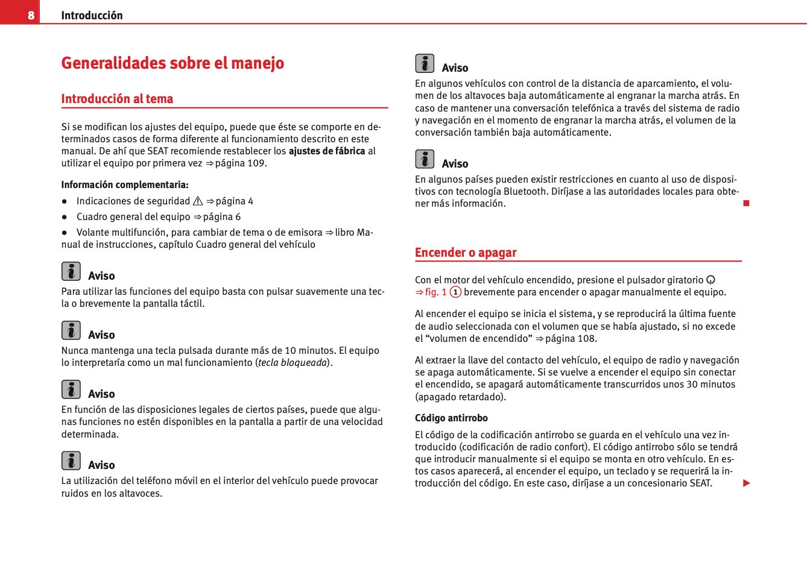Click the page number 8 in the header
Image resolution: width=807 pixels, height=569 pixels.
pos(31,15)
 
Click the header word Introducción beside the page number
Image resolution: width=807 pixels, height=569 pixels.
pos(92,16)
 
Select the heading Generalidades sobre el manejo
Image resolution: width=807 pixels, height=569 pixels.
pos(172,63)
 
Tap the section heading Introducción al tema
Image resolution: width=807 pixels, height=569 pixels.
pos(117,99)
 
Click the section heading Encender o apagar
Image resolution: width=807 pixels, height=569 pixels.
pos(466,253)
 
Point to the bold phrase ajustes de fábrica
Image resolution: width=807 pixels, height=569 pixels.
pos(327,151)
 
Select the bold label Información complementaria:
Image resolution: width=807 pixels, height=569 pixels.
pos(125,185)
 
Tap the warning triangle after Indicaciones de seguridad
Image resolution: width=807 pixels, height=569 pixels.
pos(198,201)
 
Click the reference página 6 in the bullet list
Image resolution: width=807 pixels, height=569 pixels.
pos(221,217)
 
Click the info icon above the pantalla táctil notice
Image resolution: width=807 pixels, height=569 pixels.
pos(71,271)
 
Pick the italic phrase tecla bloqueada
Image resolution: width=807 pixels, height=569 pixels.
pos(293,363)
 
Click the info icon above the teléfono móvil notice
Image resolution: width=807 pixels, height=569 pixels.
pos(71,461)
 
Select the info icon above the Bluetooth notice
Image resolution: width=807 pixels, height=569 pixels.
pos(425,159)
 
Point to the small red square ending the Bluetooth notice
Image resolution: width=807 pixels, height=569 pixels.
pos(746,203)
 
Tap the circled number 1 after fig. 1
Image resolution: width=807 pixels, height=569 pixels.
pos(455,292)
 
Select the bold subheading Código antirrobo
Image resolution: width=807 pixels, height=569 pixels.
pos(451,418)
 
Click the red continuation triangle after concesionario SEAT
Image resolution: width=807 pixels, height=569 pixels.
pos(746,483)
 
